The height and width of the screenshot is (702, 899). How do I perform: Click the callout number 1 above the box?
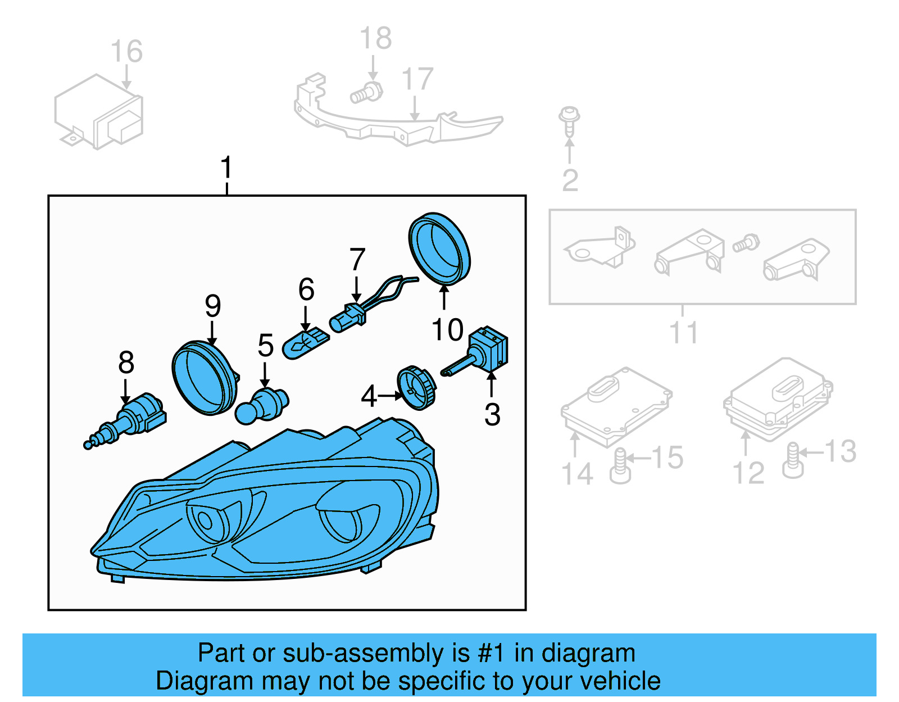226,167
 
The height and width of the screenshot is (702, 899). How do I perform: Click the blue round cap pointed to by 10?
439,248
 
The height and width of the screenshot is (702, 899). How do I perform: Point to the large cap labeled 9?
203,378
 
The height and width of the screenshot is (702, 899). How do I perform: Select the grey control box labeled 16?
99,112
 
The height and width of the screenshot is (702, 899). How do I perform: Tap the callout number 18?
375,38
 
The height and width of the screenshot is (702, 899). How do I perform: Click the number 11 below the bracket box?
683,333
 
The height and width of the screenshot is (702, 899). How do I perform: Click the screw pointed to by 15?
620,467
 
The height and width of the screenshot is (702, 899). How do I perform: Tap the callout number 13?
840,451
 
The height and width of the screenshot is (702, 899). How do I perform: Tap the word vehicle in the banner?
620,681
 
